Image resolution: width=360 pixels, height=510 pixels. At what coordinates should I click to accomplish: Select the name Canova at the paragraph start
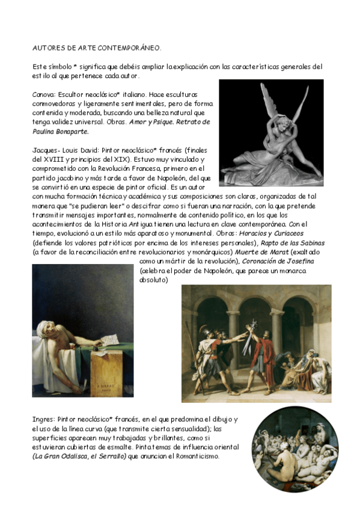(41, 95)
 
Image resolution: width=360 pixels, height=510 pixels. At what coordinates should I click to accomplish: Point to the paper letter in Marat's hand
(109, 339)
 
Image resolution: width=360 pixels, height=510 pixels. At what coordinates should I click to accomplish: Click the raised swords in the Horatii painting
(248, 334)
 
